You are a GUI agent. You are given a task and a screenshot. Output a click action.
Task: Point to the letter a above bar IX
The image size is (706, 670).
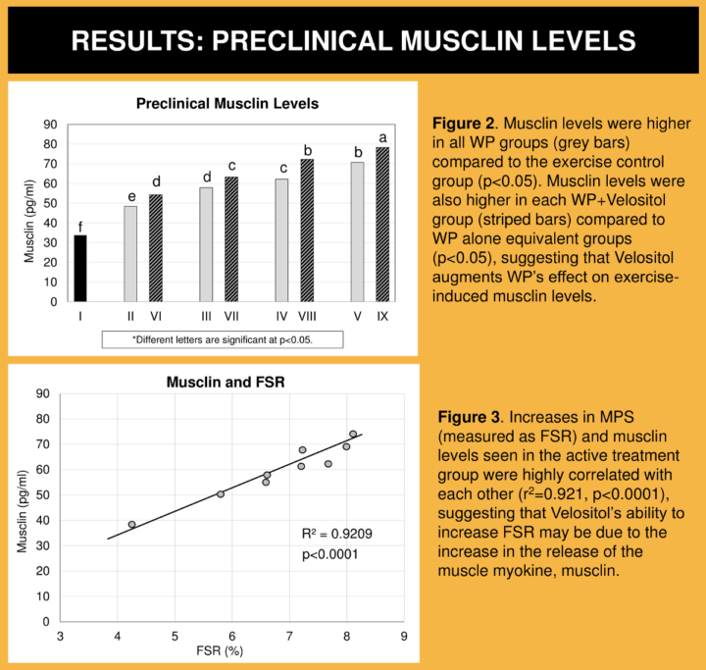[382, 136]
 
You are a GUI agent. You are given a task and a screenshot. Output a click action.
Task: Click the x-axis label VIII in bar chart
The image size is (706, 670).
[307, 315]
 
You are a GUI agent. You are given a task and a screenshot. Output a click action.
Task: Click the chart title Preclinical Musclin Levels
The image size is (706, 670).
[227, 103]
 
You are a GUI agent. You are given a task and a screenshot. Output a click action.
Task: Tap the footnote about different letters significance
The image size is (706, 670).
[223, 339]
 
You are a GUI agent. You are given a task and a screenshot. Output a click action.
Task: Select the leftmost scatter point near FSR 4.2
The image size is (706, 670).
[131, 525]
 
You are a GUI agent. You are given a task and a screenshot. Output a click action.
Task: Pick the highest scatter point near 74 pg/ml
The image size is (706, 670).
[353, 434]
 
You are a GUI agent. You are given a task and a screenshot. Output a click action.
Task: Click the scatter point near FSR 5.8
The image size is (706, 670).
[221, 493]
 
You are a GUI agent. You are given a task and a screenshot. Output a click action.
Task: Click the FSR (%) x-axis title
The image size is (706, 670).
[230, 653]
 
